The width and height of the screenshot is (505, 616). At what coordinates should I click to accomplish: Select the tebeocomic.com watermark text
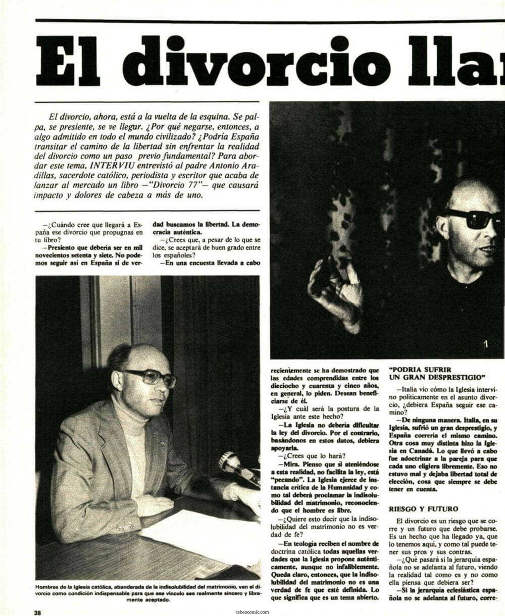[x=252, y=610]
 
